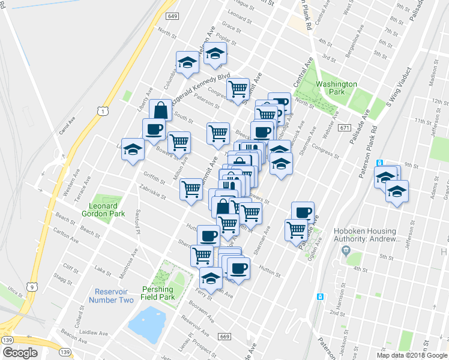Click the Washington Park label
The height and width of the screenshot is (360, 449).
[x=337, y=89]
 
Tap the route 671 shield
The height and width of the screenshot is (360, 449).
[x=344, y=128]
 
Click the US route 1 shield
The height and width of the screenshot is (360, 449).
[x=103, y=111]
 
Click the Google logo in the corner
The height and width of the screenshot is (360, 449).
[x=20, y=353]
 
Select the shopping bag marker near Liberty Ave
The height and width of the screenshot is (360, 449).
[x=161, y=110]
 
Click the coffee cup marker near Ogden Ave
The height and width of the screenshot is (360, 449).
[x=303, y=212]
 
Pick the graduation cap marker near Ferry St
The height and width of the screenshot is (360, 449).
[x=211, y=278]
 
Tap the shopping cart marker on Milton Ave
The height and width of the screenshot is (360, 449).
[x=179, y=142]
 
